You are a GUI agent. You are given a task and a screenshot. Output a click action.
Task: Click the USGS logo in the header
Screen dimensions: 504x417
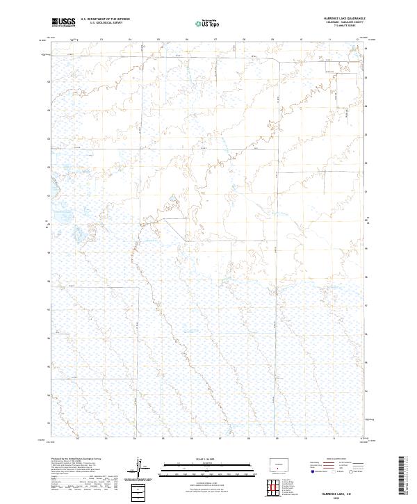coord(63,22)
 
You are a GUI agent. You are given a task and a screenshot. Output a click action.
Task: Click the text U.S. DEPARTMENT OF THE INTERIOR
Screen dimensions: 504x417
coord(105,19)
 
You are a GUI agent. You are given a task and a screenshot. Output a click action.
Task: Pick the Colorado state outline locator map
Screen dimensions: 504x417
coord(281,464)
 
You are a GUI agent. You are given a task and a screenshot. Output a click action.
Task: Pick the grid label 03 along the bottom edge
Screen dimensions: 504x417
coord(106,439)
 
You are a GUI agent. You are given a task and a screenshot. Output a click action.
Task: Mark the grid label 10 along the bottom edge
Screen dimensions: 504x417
coord(305,439)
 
